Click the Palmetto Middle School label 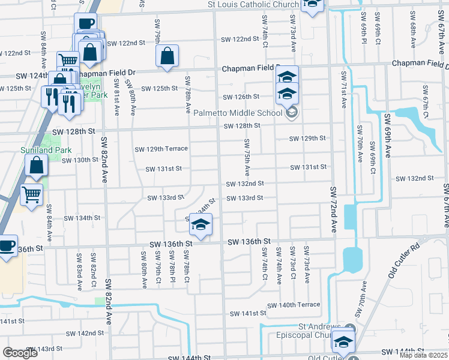click(238, 112)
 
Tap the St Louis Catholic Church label click(253, 5)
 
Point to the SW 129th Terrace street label click(161, 149)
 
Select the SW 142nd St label click(85, 333)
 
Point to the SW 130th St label click(79, 160)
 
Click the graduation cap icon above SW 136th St click(200, 226)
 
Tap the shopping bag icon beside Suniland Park click(36, 166)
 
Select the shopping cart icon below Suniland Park click(31, 194)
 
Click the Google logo click(20, 353)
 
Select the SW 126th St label click(241, 97)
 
